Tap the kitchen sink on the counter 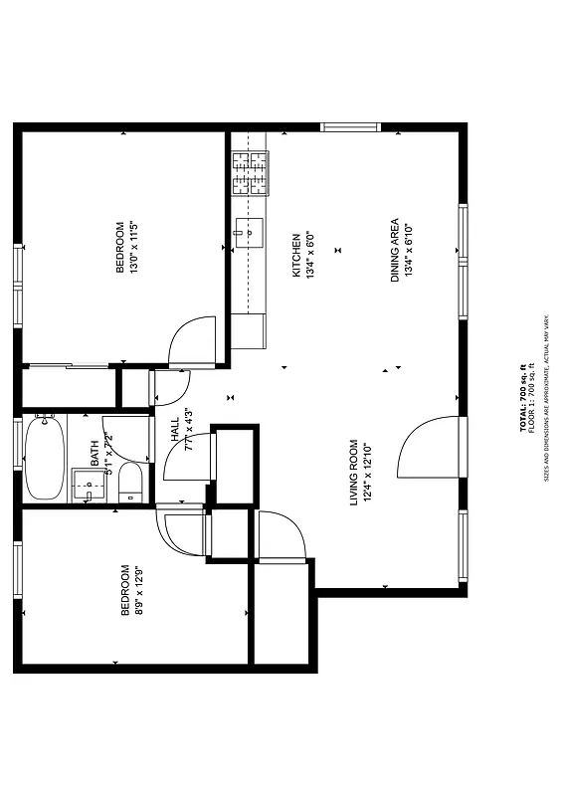pos(250,233)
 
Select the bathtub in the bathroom pos(45,458)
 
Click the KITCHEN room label pos(295,255)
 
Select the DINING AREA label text pos(394,249)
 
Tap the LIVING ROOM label pos(353,473)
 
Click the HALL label pos(175,429)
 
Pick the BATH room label pos(95,453)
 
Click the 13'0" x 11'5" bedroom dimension pos(133,247)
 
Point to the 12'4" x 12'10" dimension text pos(366,473)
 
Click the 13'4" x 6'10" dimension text pos(408,249)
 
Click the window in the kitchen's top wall pos(350,126)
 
